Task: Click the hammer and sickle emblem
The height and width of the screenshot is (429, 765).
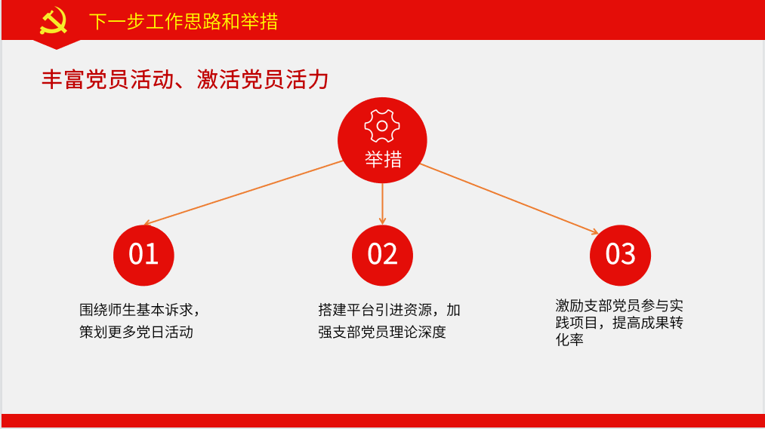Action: pyautogui.click(x=53, y=20)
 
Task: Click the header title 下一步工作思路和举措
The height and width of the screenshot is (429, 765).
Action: pyautogui.click(x=184, y=22)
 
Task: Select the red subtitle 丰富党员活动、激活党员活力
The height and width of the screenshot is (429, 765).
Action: pyautogui.click(x=185, y=79)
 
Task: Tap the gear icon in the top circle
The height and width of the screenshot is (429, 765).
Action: pyautogui.click(x=382, y=126)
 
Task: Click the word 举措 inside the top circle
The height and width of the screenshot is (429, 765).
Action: pyautogui.click(x=383, y=159)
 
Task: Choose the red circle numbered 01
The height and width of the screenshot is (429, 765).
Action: pyautogui.click(x=143, y=255)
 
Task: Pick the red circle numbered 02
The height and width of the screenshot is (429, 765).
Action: pyautogui.click(x=382, y=255)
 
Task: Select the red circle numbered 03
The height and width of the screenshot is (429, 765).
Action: pyautogui.click(x=620, y=255)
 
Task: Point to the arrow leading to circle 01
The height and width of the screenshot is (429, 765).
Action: pyautogui.click(x=243, y=192)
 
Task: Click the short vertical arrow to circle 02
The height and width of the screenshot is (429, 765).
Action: pyautogui.click(x=382, y=204)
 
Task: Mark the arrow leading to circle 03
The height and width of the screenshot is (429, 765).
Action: pyautogui.click(x=509, y=199)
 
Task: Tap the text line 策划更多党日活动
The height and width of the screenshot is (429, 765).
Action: pyautogui.click(x=136, y=332)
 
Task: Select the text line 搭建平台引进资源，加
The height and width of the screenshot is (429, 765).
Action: pyautogui.click(x=390, y=310)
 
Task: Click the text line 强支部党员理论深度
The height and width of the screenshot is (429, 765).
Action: pyautogui.click(x=382, y=332)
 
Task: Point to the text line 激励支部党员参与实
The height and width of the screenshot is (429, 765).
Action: pyautogui.click(x=619, y=306)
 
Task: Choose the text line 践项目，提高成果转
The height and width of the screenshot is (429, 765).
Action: pyautogui.click(x=619, y=323)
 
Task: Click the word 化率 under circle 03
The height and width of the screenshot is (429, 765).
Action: pyautogui.click(x=569, y=339)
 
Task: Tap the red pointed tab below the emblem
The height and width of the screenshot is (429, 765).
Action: pyautogui.click(x=56, y=44)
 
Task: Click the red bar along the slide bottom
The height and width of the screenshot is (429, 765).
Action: pyautogui.click(x=383, y=421)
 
